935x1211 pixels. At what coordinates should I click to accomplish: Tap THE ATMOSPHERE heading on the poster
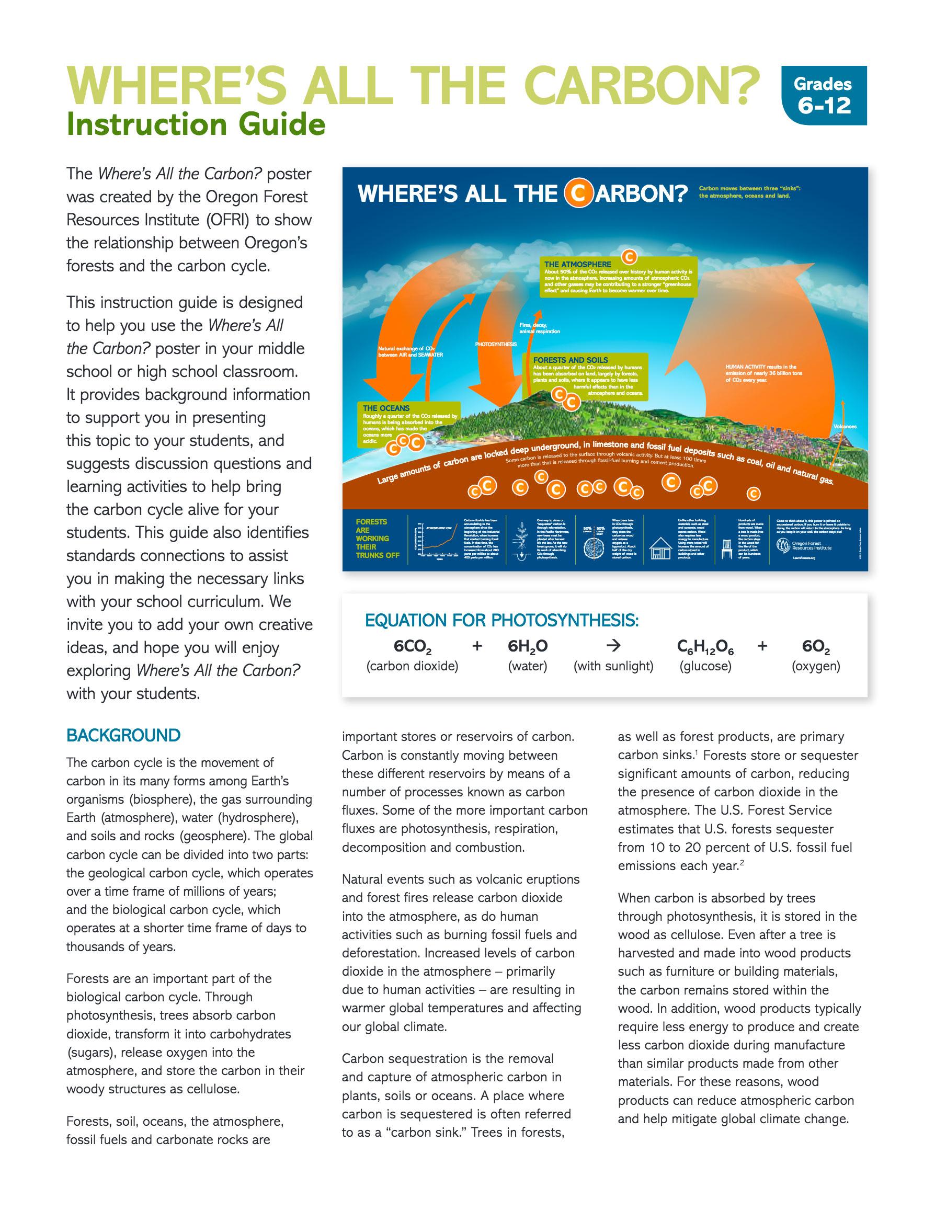tap(577, 265)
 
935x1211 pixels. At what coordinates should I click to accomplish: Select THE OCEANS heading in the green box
tap(386, 408)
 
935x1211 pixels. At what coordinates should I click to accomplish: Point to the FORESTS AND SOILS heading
tap(570, 360)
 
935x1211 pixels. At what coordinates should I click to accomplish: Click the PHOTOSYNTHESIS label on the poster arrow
tap(495, 345)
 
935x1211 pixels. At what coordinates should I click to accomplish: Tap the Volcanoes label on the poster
tap(845, 426)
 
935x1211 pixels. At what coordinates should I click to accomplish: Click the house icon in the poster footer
tap(660, 549)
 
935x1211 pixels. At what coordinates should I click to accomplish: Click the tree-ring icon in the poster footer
tap(596, 548)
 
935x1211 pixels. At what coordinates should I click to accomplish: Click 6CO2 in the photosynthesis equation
tap(412, 646)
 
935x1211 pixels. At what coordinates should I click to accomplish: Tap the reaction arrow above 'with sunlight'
tap(613, 646)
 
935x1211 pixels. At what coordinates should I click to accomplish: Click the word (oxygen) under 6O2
tap(815, 666)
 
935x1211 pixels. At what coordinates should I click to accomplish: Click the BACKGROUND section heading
tap(123, 736)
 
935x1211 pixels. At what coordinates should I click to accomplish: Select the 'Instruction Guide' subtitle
tap(195, 125)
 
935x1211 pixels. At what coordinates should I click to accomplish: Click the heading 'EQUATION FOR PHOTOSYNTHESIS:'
tap(501, 621)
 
